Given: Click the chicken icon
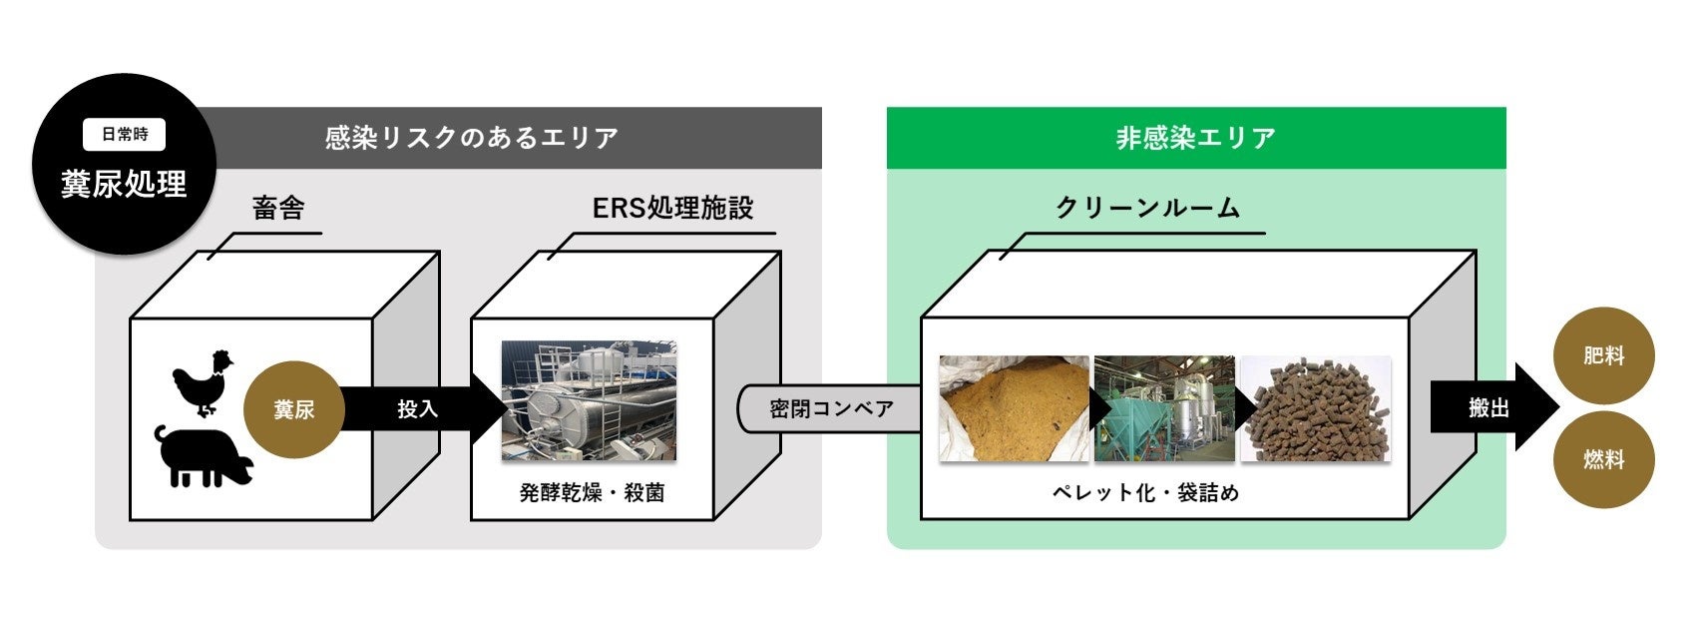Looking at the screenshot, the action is pyautogui.click(x=203, y=381).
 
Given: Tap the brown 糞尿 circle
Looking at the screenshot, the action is pyautogui.click(x=294, y=409).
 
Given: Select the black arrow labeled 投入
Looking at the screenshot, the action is pyautogui.click(x=419, y=409).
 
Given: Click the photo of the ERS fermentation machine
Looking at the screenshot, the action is pyautogui.click(x=589, y=401).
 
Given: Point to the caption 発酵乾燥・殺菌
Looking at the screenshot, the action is pyautogui.click(x=592, y=492).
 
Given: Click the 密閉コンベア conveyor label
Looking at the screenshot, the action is pyautogui.click(x=831, y=408).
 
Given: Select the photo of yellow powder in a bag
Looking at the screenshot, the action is pyautogui.click(x=1014, y=408).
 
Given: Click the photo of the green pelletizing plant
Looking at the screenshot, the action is pyautogui.click(x=1164, y=408).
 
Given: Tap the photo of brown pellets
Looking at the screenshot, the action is pyautogui.click(x=1315, y=408).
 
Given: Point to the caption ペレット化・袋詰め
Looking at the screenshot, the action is pyautogui.click(x=1145, y=492).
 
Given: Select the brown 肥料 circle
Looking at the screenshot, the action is pyautogui.click(x=1604, y=355).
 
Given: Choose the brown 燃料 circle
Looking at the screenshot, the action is pyautogui.click(x=1604, y=460).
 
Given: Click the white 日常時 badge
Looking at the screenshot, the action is pyautogui.click(x=125, y=135).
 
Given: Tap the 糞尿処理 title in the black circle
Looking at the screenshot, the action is pyautogui.click(x=125, y=185).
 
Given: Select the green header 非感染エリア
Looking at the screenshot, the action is pyautogui.click(x=1195, y=138).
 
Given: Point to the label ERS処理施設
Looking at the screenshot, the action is pyautogui.click(x=672, y=208).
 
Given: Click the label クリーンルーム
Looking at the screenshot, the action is pyautogui.click(x=1147, y=208).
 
